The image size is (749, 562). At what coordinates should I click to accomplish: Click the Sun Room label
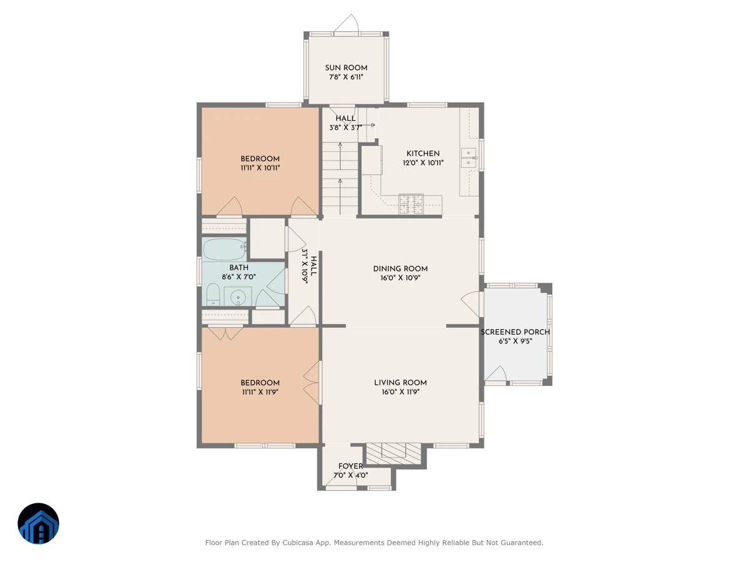pos(346,68)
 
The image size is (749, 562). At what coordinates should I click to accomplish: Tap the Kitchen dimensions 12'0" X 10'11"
pos(423,163)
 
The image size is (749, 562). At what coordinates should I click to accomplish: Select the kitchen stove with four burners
pos(411,204)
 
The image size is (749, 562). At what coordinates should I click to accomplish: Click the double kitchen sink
pos(469,158)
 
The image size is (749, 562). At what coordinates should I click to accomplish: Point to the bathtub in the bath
pos(224,249)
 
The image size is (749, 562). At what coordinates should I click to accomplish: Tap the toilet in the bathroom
pos(213,295)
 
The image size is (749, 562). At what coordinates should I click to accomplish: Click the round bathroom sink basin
pos(238,298)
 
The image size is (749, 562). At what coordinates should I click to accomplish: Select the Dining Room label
pos(400,269)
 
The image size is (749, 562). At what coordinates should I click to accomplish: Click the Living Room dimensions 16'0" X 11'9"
pos(400,392)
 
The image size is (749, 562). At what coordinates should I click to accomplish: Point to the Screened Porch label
pos(515,332)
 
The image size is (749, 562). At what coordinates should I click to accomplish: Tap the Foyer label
pos(350,466)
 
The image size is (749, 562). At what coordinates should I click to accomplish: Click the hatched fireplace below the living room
pos(393,454)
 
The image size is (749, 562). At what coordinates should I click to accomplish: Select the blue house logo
pos(38,523)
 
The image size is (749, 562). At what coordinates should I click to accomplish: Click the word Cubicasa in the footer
pos(297,543)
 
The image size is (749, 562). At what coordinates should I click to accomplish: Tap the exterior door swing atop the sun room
pos(346,24)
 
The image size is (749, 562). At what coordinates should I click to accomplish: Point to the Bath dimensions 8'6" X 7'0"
pos(238,277)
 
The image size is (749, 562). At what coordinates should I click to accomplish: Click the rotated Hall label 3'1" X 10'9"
pos(309,267)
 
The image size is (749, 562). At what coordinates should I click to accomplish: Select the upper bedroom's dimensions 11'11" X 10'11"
pos(260,168)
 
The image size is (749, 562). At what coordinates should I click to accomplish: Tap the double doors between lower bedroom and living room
pos(311,383)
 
